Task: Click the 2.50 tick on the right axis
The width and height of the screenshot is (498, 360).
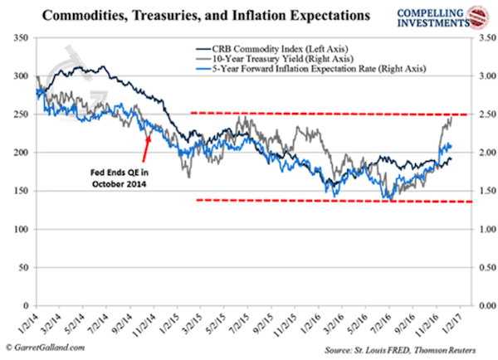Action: click(480, 114)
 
